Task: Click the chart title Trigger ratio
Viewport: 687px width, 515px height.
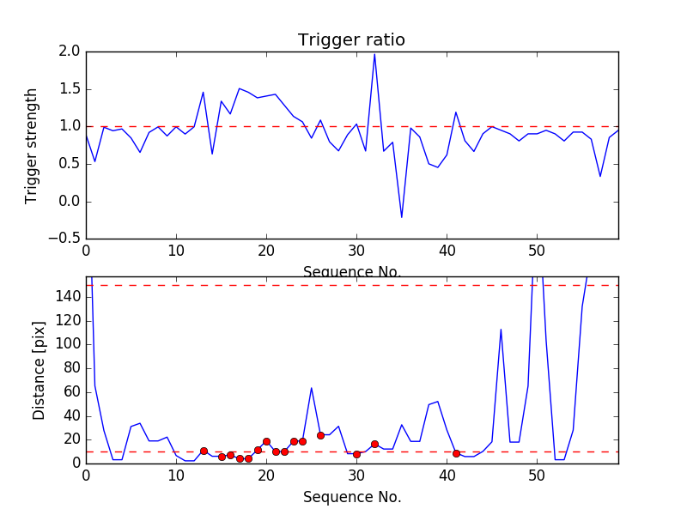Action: (351, 40)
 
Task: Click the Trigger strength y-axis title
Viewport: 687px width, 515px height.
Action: (32, 145)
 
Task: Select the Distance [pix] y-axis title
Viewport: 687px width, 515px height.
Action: (39, 369)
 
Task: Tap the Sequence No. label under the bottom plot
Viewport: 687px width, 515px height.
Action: (351, 497)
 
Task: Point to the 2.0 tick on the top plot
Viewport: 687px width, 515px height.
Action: (70, 51)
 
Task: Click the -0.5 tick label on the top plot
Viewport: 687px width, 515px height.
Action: (65, 239)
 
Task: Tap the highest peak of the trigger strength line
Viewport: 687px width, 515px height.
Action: (374, 54)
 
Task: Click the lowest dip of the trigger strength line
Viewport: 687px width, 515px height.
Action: (401, 217)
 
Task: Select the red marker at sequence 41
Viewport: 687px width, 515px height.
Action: (456, 453)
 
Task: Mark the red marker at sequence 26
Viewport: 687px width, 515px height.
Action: (320, 435)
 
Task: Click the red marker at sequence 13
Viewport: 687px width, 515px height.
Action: (204, 451)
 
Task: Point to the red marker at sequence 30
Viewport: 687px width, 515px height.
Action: (356, 454)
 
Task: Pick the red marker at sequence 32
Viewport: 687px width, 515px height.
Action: (374, 444)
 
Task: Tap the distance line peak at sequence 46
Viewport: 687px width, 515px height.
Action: (501, 330)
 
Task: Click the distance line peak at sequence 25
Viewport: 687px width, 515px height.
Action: (312, 388)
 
